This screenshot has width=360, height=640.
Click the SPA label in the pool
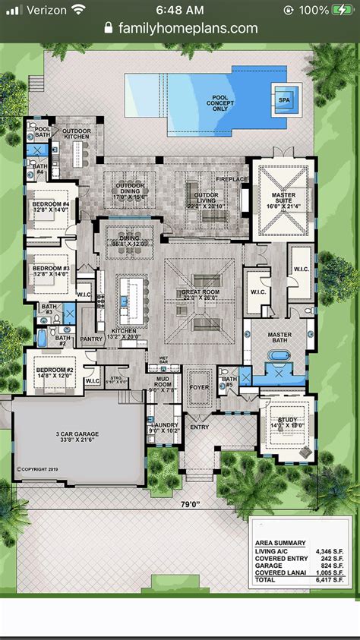(284, 99)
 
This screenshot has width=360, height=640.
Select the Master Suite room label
(283, 200)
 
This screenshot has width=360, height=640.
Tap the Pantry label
(91, 339)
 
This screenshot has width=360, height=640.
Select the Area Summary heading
(280, 543)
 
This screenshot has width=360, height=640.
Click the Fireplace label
(232, 180)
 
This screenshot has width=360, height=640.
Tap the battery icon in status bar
(341, 10)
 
